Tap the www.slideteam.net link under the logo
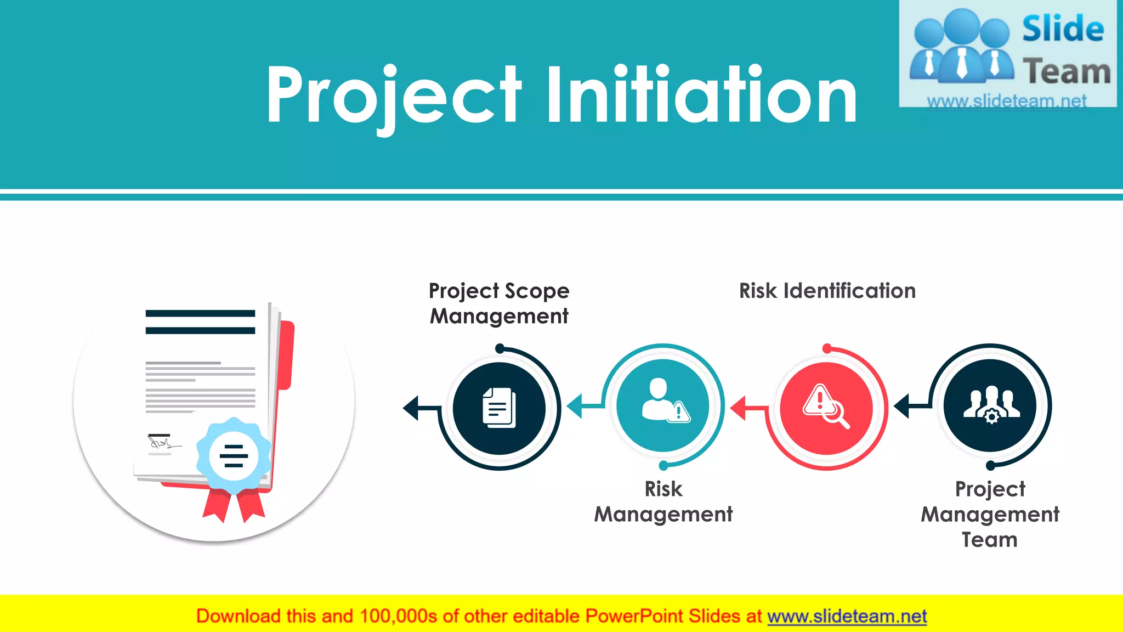(x=1006, y=101)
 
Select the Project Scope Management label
(x=499, y=303)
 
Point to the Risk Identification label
(x=827, y=291)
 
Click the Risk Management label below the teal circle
(x=663, y=501)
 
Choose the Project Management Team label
(x=990, y=514)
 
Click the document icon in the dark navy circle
(x=499, y=408)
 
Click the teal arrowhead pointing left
(x=575, y=407)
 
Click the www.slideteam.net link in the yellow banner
(x=847, y=616)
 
